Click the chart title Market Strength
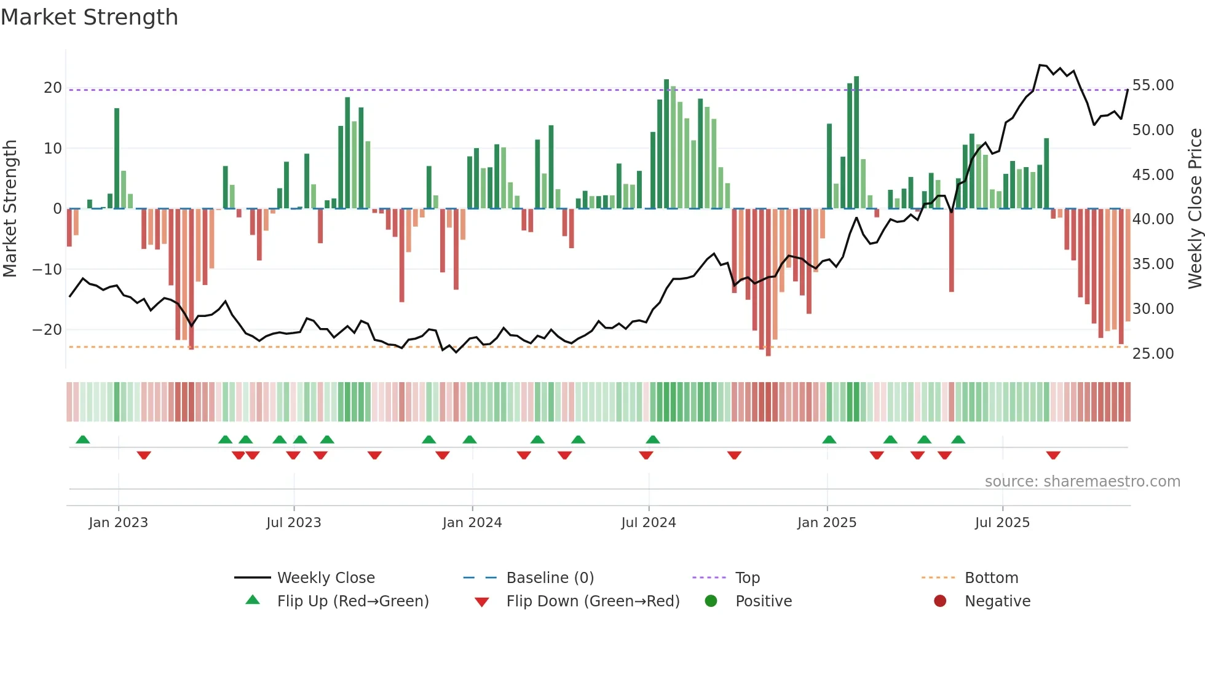click(89, 17)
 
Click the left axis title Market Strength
click(10, 208)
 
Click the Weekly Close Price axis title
click(1195, 208)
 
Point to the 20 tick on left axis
click(53, 88)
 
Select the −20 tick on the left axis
click(48, 330)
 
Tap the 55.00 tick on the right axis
click(1153, 85)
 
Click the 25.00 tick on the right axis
click(1153, 354)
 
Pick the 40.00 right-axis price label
click(1153, 219)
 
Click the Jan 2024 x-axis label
click(472, 523)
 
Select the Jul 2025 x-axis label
click(1002, 523)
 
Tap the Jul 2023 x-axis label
click(294, 523)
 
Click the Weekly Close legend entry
click(325, 578)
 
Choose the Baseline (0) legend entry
click(550, 578)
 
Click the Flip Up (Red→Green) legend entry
click(352, 601)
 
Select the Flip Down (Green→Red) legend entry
click(593, 601)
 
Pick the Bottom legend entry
click(991, 578)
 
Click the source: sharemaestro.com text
click(1082, 482)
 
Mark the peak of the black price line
click(1040, 65)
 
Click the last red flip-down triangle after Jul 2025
click(1053, 455)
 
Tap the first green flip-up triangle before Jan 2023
click(83, 439)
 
